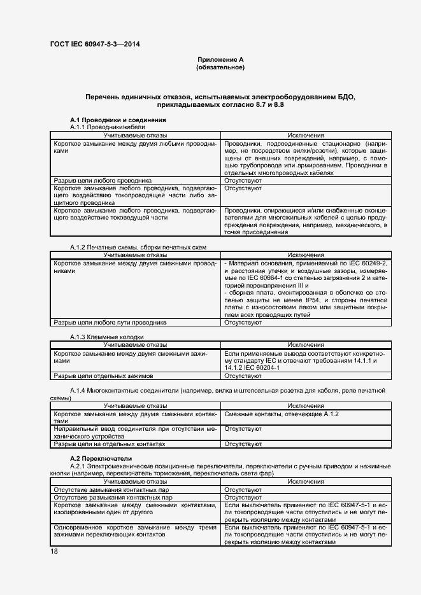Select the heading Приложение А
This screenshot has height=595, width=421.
(x=220, y=59)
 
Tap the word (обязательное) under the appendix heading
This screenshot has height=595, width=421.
(x=220, y=67)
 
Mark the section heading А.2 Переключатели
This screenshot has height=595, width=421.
(x=101, y=458)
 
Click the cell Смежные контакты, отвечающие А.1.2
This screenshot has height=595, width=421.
(x=282, y=414)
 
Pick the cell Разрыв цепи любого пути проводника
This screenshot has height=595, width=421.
(x=110, y=323)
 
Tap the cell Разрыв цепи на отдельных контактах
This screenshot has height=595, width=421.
(x=110, y=444)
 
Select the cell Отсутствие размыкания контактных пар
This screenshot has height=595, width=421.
(x=112, y=497)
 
